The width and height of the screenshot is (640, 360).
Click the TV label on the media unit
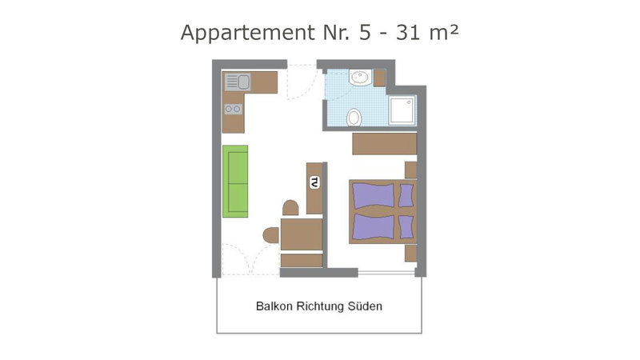[314, 182]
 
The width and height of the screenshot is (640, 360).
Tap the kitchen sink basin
[244, 82]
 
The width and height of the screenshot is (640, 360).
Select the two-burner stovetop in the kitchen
[233, 109]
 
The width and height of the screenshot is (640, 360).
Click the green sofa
[235, 182]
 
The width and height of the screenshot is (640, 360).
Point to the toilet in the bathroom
[354, 118]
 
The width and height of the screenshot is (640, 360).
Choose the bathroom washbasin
[361, 78]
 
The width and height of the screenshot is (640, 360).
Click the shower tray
[402, 110]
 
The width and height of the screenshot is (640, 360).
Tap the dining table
[302, 234]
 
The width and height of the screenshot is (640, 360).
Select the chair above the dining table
[290, 208]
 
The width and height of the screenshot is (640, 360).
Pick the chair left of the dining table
[271, 235]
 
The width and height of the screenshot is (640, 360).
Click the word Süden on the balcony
[365, 306]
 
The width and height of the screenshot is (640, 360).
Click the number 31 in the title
[408, 33]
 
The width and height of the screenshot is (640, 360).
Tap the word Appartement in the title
[248, 34]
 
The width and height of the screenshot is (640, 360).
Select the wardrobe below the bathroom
[385, 144]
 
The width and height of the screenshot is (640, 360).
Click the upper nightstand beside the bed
[410, 170]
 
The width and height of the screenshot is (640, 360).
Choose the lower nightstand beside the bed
[410, 253]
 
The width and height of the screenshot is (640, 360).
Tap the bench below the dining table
[302, 261]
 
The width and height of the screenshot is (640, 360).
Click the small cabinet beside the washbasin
[379, 78]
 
